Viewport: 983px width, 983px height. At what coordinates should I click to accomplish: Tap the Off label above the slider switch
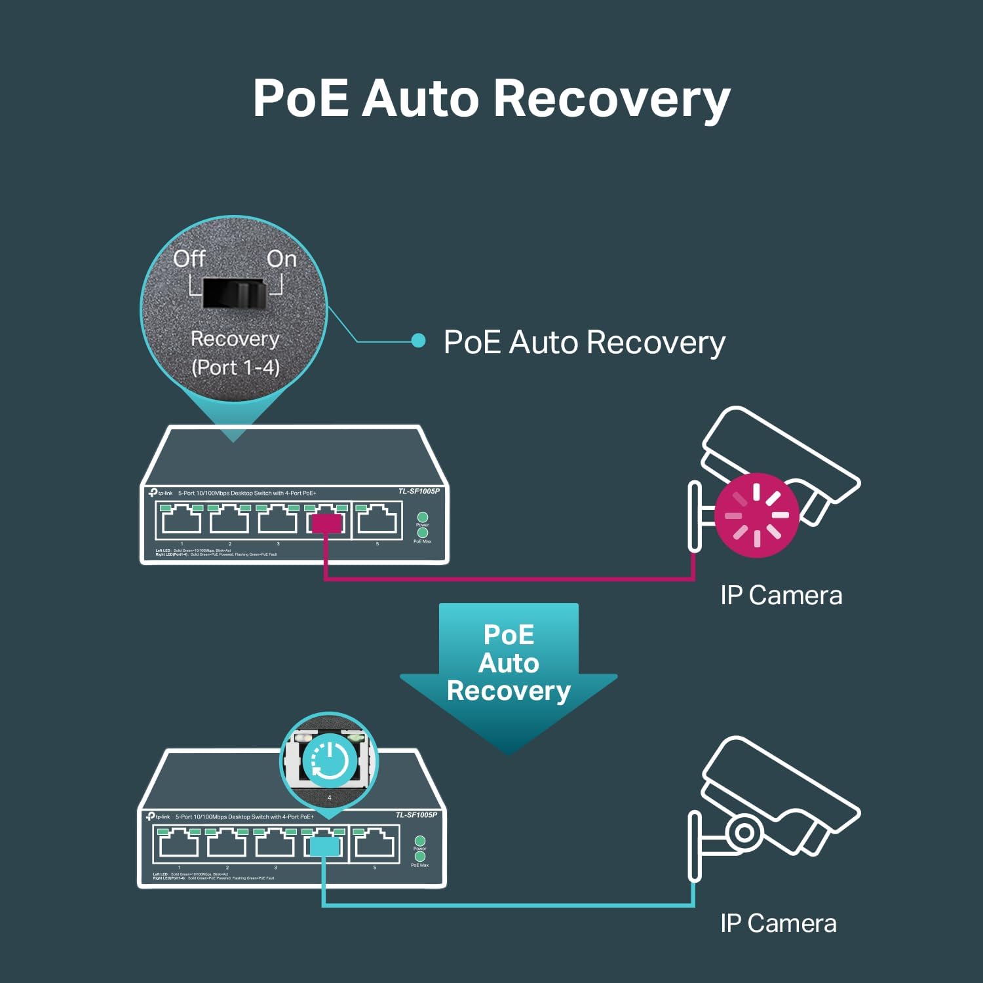189,259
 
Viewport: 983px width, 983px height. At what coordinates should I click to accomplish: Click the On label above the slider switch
282,259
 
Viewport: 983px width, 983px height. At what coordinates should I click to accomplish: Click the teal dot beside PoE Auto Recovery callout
418,341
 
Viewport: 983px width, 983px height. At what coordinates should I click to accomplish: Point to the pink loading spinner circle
757,515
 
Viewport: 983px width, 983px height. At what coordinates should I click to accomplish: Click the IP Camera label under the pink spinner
781,596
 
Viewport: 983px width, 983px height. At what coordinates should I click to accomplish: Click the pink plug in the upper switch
326,523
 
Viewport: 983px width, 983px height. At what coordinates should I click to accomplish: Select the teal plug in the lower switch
324,847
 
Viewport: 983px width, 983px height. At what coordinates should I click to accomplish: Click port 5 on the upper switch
377,520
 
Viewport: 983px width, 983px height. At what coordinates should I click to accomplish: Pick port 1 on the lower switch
179,843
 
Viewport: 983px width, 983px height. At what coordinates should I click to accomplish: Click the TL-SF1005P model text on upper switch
419,491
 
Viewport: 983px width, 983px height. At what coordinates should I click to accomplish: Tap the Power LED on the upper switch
423,517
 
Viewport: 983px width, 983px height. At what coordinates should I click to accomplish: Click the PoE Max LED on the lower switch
420,857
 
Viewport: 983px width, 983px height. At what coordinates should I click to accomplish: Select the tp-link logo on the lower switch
158,817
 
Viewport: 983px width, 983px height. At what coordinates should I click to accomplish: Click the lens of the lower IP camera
743,832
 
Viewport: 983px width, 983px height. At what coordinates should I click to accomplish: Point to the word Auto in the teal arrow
509,663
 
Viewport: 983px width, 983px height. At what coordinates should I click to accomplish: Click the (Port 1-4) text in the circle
235,367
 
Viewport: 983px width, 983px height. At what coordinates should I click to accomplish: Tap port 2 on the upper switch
229,520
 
